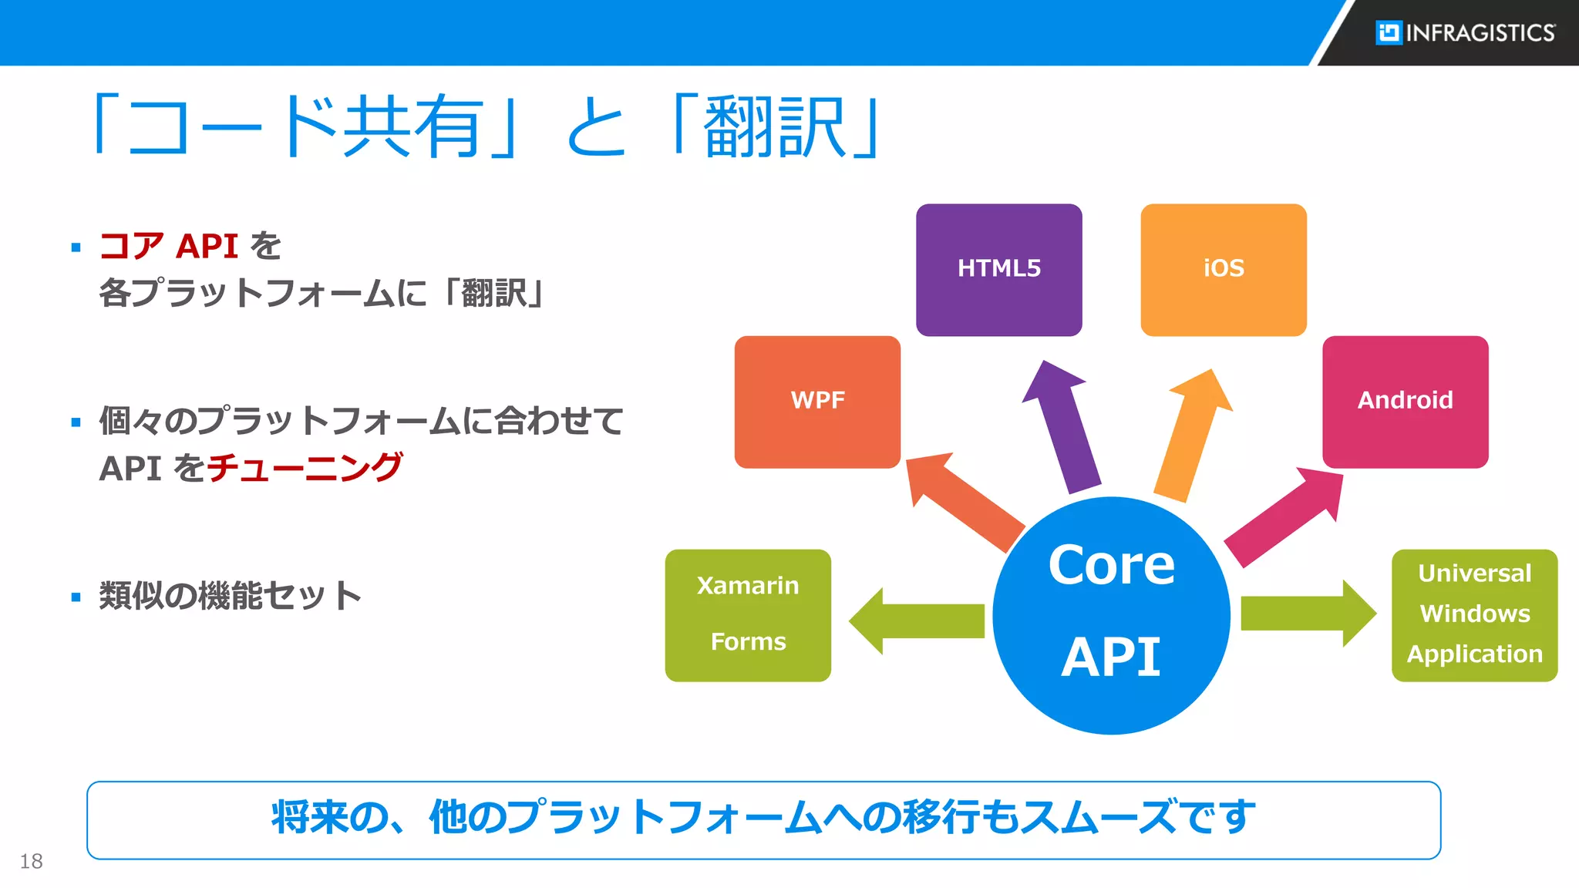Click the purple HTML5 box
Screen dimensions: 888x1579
(998, 270)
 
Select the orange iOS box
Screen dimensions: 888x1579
(1223, 270)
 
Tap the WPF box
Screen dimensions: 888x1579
(817, 402)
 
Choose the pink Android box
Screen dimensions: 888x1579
(1405, 402)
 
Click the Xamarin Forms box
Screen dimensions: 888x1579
(748, 615)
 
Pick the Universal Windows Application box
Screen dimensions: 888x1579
(1474, 615)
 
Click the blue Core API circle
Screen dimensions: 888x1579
(1111, 615)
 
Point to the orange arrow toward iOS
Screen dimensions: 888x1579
(1191, 436)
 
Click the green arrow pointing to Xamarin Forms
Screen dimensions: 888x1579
(917, 621)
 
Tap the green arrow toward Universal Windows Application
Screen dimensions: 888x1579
(1307, 614)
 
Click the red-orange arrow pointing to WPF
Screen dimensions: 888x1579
(964, 501)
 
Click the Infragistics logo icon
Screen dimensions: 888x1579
(1389, 32)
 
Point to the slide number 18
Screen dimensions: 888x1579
(31, 861)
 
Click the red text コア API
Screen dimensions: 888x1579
(169, 247)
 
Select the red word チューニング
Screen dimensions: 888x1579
(305, 468)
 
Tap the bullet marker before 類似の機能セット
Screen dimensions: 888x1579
(76, 597)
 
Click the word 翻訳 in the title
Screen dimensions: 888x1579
(775, 127)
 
